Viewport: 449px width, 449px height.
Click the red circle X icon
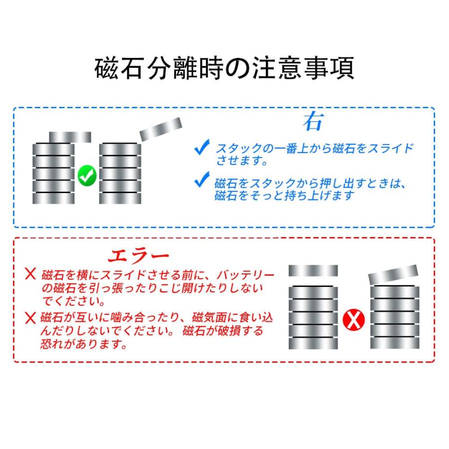pos(353,320)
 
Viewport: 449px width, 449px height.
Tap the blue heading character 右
pos(313,122)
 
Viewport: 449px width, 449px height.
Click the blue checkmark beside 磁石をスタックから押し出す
pos(202,180)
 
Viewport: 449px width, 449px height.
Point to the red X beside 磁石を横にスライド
pos(31,274)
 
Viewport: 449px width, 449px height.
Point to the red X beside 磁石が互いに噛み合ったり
pos(31,317)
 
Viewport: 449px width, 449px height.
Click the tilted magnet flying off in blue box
pos(160,129)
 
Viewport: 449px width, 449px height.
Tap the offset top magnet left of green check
pos(70,137)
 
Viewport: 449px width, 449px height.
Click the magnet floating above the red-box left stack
pos(313,271)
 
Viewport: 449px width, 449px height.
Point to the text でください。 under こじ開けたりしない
pos(73,301)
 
